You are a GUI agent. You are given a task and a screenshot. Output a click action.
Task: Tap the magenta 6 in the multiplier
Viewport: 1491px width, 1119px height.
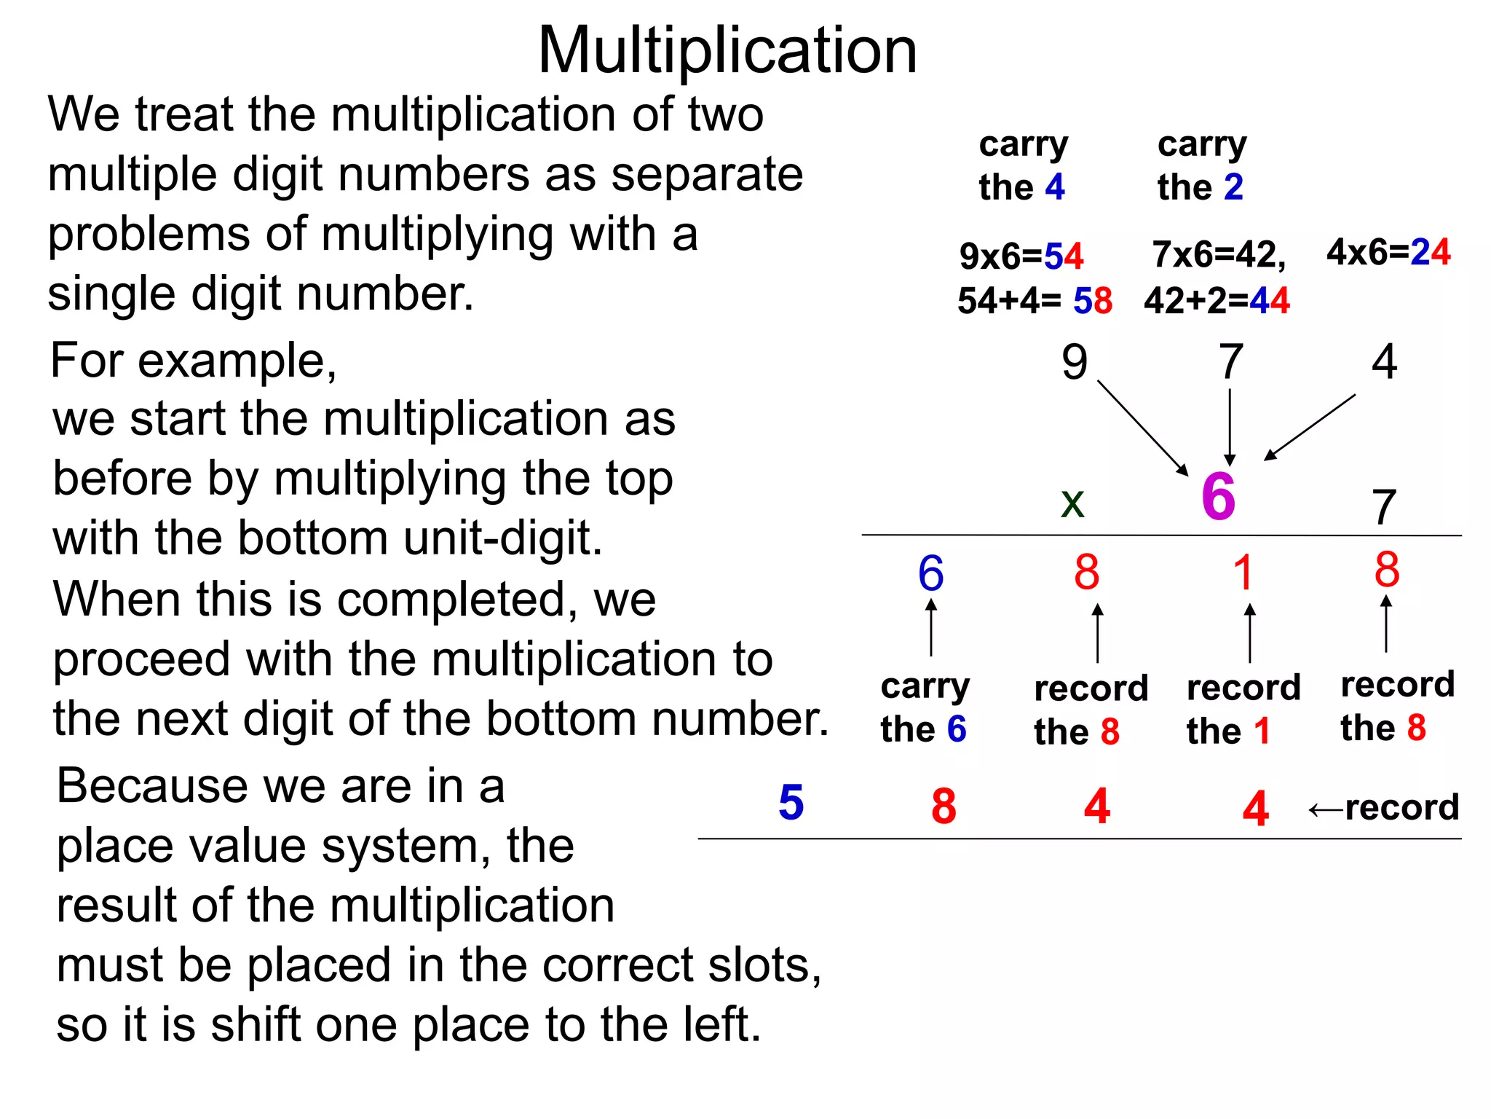1218,497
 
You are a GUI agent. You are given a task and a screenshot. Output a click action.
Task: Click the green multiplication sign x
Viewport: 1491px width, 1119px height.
1072,503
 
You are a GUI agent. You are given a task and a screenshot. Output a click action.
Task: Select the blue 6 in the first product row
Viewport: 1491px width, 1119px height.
930,573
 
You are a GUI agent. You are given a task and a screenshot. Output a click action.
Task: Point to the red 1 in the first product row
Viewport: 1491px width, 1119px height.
1243,573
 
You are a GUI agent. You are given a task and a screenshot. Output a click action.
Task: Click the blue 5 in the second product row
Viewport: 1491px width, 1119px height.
791,803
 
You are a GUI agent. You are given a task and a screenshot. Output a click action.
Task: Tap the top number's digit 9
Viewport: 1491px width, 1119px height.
1075,362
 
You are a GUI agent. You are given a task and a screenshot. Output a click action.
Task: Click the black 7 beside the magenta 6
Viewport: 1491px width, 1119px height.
1384,507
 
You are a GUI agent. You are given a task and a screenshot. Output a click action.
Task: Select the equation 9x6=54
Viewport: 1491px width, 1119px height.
1021,256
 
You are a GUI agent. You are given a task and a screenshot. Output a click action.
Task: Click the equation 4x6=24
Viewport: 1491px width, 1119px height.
1388,252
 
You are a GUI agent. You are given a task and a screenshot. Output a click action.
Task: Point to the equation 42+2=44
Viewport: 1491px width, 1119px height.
1217,300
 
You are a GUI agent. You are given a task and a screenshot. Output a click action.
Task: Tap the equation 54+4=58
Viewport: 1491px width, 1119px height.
1034,300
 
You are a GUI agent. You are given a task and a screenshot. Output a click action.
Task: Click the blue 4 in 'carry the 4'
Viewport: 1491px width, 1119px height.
1055,187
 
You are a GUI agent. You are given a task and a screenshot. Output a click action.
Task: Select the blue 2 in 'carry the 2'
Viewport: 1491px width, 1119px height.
1233,187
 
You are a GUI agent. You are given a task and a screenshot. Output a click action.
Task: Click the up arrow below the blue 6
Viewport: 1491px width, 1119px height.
931,627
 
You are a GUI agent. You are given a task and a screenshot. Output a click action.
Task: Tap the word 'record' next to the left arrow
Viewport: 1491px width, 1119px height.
1401,807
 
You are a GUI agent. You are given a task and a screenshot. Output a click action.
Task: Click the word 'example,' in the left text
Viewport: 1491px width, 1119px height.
237,361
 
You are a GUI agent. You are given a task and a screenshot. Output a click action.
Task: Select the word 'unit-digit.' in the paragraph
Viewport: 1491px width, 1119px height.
495,538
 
